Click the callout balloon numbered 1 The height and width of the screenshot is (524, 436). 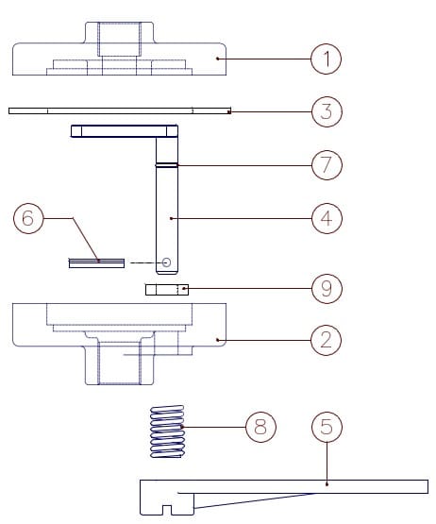[x=326, y=59]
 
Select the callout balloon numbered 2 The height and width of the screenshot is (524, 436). [x=326, y=339]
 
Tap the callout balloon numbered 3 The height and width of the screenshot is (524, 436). [x=326, y=111]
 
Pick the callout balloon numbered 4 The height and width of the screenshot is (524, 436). [x=326, y=218]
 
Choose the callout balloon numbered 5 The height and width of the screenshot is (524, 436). [x=326, y=427]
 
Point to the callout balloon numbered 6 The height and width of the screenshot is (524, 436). [x=27, y=218]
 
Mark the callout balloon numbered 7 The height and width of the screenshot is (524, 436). [x=326, y=165]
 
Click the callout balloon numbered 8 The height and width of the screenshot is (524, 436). [x=260, y=427]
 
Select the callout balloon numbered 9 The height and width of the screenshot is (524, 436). [x=326, y=288]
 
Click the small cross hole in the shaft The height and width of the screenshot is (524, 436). [x=166, y=262]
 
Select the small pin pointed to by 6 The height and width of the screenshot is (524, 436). [x=96, y=263]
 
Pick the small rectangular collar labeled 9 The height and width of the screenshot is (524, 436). [x=166, y=290]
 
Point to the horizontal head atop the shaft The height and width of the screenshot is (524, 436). [x=125, y=131]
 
